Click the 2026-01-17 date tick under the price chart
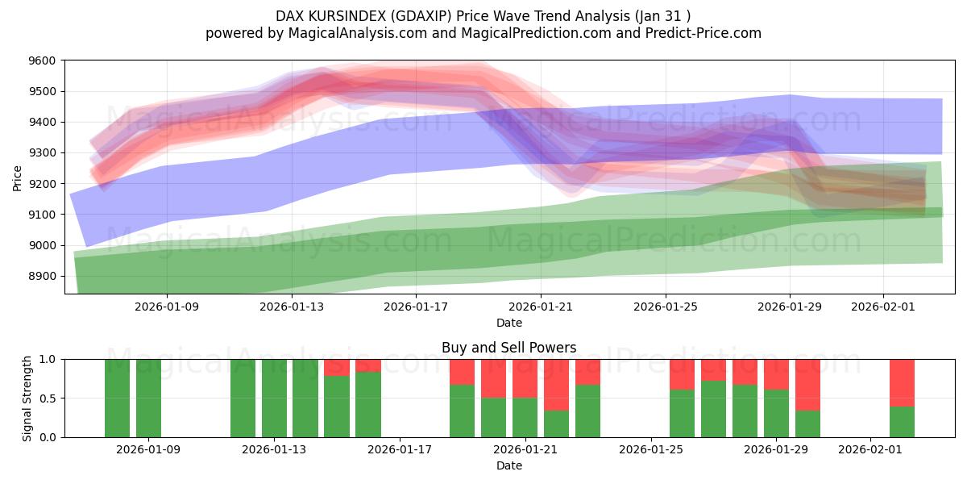point(416,307)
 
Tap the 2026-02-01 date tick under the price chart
point(883,307)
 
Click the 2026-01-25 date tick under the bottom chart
point(650,449)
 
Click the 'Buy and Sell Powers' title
point(508,348)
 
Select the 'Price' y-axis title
point(18,177)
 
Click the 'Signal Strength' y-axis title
point(27,398)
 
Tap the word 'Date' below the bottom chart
point(508,465)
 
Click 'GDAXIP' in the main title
point(411,15)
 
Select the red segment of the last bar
point(902,382)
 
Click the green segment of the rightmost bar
point(902,421)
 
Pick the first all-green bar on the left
point(117,398)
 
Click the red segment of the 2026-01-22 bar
point(556,385)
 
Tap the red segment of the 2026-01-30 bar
point(807,385)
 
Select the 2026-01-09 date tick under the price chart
point(167,307)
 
